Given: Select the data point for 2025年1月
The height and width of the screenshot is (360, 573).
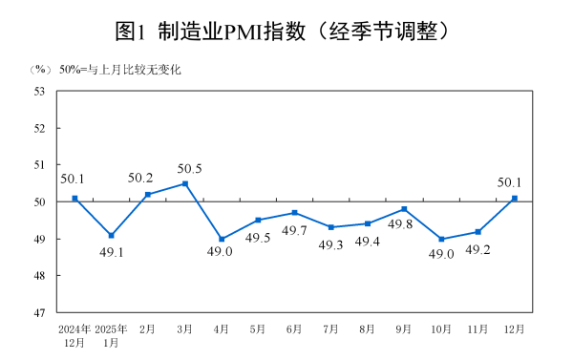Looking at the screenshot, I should click(x=112, y=235).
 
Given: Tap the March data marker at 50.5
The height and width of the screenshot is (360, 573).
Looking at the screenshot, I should click(x=184, y=183).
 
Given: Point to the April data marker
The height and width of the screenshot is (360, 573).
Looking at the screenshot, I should click(x=222, y=239).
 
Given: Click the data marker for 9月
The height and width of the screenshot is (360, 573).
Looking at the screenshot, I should click(x=405, y=209).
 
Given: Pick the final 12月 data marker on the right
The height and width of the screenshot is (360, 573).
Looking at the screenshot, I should click(x=515, y=198).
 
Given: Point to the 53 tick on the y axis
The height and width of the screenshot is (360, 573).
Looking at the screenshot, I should click(x=39, y=92).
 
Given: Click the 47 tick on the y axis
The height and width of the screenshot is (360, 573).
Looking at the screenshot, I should click(x=39, y=312).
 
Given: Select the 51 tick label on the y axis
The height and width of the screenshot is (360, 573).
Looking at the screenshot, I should click(x=39, y=165).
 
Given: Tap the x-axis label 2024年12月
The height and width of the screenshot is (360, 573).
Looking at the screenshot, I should click(x=74, y=334).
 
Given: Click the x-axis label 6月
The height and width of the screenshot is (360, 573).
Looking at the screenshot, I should click(x=294, y=328).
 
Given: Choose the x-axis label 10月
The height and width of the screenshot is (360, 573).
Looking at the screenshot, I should click(x=440, y=328).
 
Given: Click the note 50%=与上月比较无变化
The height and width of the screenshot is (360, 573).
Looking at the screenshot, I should click(x=120, y=70).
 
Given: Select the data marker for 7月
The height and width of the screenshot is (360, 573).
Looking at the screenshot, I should click(x=331, y=227).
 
